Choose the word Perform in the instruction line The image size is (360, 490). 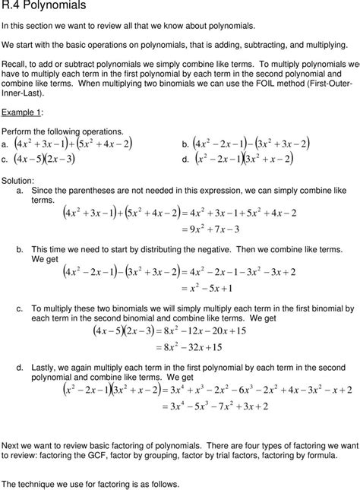coord(17,131)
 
